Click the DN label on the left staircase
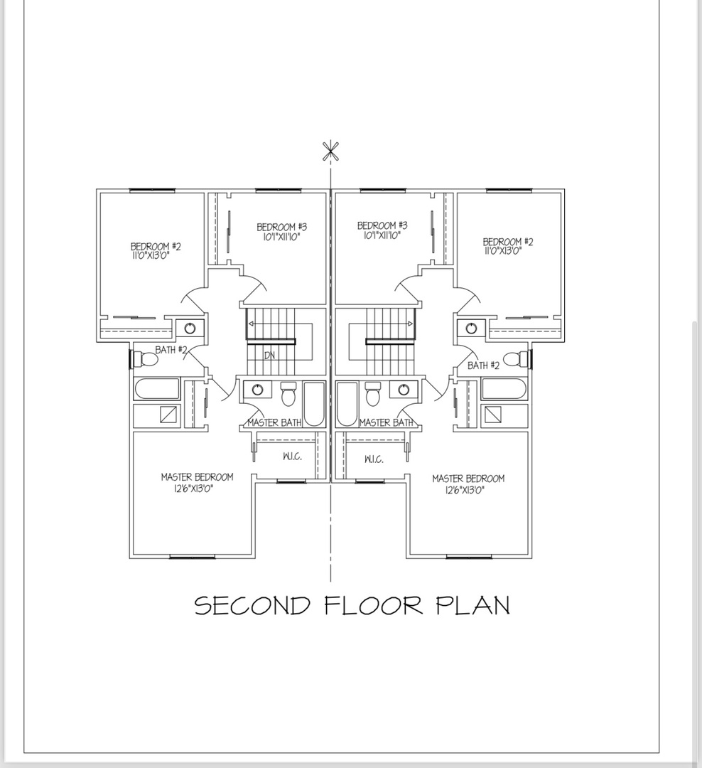point(269,356)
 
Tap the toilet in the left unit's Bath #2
point(146,359)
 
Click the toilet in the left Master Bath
point(288,394)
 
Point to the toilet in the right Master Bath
point(373,394)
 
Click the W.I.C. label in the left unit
point(292,457)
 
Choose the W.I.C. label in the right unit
point(374,459)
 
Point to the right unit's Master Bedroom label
point(468,479)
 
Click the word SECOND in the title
point(252,605)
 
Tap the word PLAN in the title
point(473,605)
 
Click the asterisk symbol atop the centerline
point(331,151)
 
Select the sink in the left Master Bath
point(257,390)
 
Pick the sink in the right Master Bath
point(404,390)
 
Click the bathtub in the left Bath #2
point(156,390)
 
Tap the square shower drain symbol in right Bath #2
point(493,415)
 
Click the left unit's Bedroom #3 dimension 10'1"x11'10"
point(281,237)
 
